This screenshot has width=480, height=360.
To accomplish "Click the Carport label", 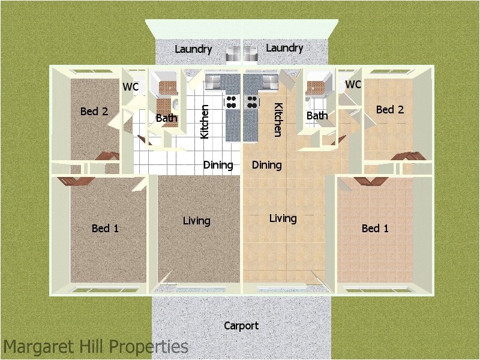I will (x=241, y=326).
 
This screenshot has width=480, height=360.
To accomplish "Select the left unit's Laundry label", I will (x=193, y=49).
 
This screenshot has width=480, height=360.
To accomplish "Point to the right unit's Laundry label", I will (x=284, y=48).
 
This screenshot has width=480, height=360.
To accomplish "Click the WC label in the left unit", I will (x=131, y=87).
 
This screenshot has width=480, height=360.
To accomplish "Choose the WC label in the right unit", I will (x=353, y=85).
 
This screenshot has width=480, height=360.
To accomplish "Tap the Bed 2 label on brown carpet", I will (x=94, y=111).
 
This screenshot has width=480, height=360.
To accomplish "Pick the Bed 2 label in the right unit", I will (x=390, y=109).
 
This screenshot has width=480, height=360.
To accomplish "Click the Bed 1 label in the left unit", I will (x=105, y=228).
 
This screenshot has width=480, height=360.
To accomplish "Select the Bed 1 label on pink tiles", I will (x=375, y=228).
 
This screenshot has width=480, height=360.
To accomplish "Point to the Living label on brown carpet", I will (x=196, y=221).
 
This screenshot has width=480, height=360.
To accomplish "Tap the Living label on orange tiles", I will (x=283, y=218).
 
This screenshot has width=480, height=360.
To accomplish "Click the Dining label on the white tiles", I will (x=218, y=165).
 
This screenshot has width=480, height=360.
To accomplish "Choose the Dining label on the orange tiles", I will (x=266, y=165).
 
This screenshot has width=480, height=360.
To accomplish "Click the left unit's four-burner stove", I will (x=231, y=102).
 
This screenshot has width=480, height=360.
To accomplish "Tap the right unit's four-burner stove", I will (x=251, y=102).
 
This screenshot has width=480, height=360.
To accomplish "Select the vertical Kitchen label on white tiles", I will (x=205, y=122).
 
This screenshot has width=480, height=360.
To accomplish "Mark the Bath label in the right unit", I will (x=317, y=116).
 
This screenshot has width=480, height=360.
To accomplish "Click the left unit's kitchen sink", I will (x=214, y=80).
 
